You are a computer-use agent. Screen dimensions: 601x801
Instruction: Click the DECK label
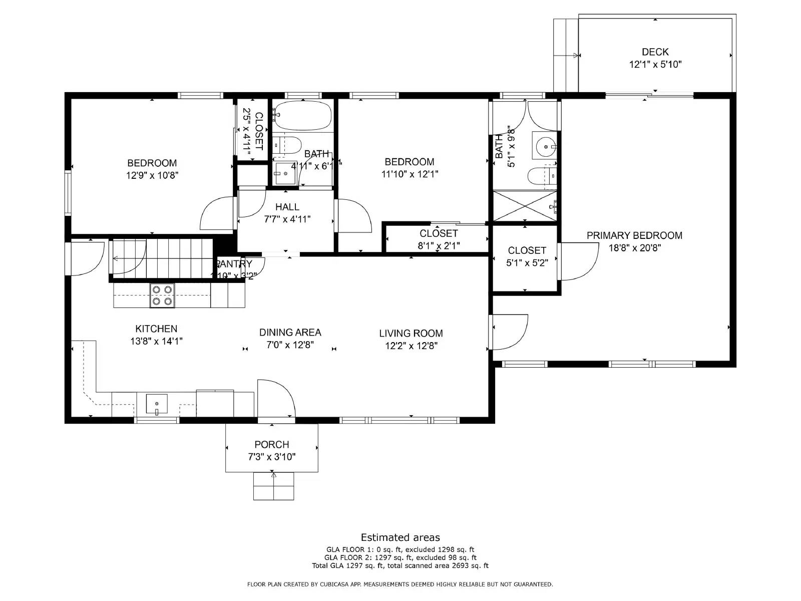coord(655,52)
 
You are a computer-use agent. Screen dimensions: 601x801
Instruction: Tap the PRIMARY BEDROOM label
coord(634,235)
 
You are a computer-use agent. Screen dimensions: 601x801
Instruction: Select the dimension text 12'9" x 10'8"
coord(152,175)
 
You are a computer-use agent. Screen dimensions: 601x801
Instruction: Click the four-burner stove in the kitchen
coord(162,295)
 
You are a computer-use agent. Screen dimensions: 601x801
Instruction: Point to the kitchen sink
coord(157,404)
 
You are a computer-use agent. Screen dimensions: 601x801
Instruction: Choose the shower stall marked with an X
coord(524,206)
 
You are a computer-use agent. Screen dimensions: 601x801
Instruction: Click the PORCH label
coord(271,444)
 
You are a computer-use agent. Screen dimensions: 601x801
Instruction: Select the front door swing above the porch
coord(275,398)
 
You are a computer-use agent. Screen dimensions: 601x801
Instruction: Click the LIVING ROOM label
coord(411,333)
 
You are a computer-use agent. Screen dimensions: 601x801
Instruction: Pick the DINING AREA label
coord(290,332)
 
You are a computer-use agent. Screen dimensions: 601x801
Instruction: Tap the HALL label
coord(287,207)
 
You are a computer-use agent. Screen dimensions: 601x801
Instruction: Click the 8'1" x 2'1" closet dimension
coord(439,246)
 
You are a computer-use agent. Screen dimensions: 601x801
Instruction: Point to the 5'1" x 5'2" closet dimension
coord(527,263)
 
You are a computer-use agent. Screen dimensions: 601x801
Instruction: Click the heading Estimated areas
coord(400,537)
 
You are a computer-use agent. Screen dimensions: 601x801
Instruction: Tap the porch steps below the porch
coord(273,486)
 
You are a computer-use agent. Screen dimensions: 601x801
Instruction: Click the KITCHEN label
coord(156,329)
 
